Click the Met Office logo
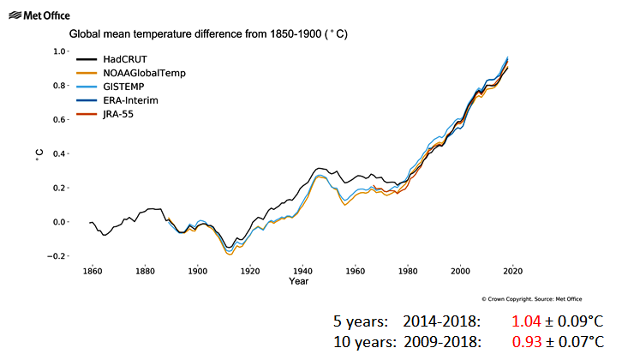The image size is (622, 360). point(37,15)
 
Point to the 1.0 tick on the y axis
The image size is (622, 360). point(59,51)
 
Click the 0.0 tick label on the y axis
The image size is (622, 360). point(59,222)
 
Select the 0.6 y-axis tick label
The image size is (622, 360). point(59,120)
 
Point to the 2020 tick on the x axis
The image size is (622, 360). point(512,271)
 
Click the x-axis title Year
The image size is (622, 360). point(299,281)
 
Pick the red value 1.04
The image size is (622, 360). point(527,321)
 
